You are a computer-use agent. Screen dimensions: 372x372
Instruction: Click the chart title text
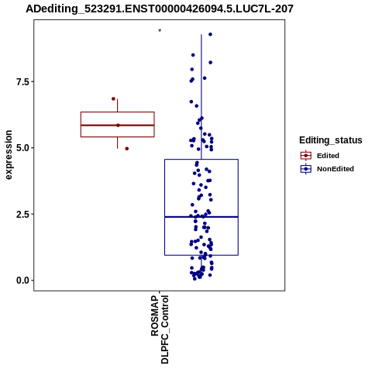160,9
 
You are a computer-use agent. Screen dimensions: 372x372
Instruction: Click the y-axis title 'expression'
9,155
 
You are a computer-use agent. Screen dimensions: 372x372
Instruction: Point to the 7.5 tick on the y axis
22,81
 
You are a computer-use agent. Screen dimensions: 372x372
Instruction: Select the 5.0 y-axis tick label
22,148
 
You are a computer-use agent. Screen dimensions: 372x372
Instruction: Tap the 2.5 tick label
22,214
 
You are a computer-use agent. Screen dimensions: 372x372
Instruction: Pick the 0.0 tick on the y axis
22,281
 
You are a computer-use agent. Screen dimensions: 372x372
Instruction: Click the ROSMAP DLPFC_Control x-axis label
160,329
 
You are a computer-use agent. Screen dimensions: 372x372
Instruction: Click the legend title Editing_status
331,140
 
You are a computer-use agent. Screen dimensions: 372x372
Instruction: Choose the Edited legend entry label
328,156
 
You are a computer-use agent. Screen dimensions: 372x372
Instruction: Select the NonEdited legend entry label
336,169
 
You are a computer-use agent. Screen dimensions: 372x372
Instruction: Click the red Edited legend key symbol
306,156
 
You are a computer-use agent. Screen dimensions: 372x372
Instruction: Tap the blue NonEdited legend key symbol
306,169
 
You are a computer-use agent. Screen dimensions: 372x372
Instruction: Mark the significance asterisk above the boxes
160,31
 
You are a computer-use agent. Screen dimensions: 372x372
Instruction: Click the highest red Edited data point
113,98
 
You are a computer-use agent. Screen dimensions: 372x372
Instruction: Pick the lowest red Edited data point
127,149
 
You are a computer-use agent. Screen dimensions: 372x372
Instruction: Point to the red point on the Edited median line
118,126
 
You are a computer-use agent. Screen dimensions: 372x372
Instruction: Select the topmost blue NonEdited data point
210,34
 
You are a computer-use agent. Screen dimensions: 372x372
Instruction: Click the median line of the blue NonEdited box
201,217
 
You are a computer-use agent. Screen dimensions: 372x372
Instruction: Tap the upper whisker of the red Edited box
118,105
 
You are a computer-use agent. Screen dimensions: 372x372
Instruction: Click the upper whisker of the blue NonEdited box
201,97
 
